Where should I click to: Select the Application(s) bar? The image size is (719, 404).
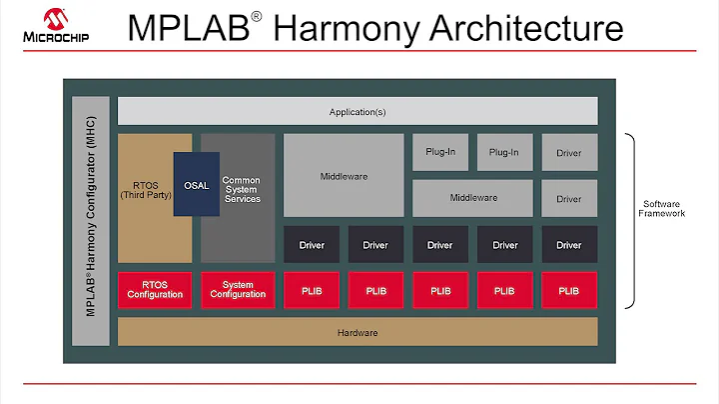point(358,112)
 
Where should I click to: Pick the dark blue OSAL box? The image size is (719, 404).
point(197,184)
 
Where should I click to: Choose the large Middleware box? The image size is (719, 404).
point(344,176)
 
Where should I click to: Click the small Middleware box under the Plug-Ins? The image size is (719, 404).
point(472,198)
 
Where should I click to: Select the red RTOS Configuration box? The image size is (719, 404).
point(155,290)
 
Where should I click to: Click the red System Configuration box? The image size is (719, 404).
point(238,290)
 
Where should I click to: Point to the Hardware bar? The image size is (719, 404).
point(358,332)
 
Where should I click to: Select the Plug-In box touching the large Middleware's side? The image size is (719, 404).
point(439,153)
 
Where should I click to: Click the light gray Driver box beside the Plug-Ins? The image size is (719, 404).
point(569,153)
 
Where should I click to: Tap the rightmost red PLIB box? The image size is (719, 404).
point(569,290)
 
